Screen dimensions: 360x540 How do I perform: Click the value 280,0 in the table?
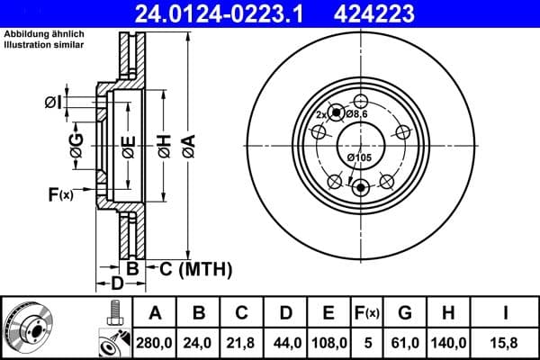click(x=155, y=343)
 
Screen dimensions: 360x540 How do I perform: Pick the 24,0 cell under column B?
click(x=199, y=343)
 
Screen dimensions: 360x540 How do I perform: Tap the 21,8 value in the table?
click(x=242, y=343)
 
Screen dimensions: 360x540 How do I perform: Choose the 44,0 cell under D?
click(x=285, y=343)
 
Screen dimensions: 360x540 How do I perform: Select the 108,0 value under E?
click(x=328, y=343)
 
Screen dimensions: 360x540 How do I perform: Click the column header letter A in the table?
click(x=155, y=313)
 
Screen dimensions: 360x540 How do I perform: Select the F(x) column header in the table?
click(x=366, y=313)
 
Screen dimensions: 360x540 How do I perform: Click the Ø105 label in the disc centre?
click(x=359, y=157)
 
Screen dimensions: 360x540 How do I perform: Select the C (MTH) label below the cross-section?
click(x=196, y=268)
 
